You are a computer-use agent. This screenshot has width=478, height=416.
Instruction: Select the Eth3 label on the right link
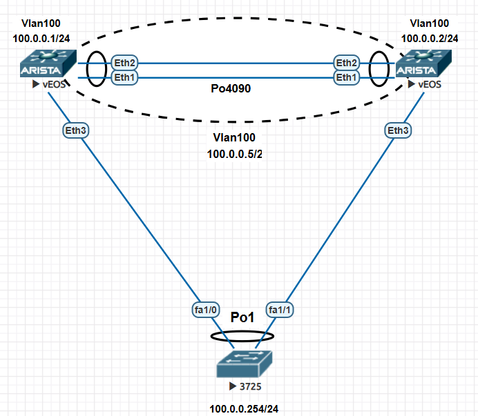point(398,130)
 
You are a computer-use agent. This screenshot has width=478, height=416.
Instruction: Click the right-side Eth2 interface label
point(347,63)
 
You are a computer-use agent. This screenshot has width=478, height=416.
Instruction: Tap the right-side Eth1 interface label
point(347,78)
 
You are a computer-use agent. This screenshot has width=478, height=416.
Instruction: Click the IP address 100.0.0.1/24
point(40,39)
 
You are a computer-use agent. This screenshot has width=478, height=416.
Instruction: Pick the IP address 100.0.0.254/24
point(240,408)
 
